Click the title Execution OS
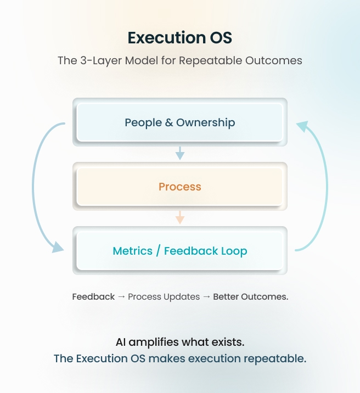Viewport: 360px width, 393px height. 180,37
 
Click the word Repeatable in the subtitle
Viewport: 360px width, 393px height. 229,60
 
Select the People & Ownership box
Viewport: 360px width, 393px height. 180,122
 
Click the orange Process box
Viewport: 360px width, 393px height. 180,187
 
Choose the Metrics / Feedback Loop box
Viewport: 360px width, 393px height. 180,251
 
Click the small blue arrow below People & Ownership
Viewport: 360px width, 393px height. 180,153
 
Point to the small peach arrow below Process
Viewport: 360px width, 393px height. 180,217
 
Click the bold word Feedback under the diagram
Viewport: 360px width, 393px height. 93,296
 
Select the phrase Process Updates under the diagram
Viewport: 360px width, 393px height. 164,296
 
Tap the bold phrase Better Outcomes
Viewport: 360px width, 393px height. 250,296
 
